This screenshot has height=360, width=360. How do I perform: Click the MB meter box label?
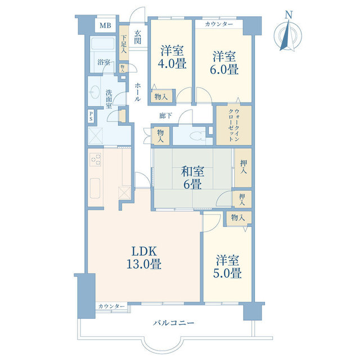point(105,25)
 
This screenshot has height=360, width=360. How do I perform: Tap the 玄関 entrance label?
point(137,37)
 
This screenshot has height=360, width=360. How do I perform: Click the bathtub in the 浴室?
point(103,43)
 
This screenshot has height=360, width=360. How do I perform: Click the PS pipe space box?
point(91,116)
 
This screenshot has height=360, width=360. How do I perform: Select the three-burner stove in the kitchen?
point(96,159)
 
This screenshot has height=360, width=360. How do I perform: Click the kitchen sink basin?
point(95,188)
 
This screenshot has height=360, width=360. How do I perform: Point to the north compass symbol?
point(287,35)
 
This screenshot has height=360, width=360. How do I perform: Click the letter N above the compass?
point(289,15)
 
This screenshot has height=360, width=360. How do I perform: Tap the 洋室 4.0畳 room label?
point(172,57)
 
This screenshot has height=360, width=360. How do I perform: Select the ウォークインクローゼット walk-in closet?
point(234,125)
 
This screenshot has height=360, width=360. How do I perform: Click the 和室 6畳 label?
point(192,178)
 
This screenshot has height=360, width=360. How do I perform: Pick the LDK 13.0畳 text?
point(144,258)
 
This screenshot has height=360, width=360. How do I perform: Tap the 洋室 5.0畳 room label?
point(227,267)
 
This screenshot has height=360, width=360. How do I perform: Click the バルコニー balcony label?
point(174,323)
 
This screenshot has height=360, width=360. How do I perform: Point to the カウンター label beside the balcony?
point(111,306)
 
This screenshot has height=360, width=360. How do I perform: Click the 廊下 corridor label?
point(165,115)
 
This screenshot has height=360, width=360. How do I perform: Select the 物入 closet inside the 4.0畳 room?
point(161,97)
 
